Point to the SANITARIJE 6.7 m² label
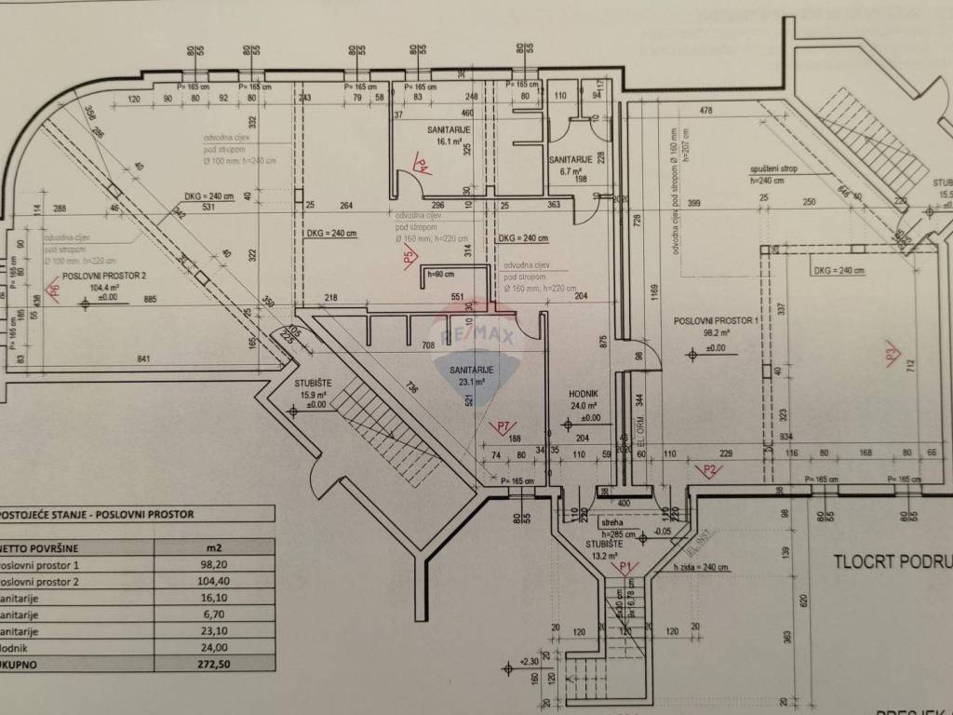tap(570, 160)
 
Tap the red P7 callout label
tap(505, 427)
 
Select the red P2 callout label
tap(712, 469)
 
